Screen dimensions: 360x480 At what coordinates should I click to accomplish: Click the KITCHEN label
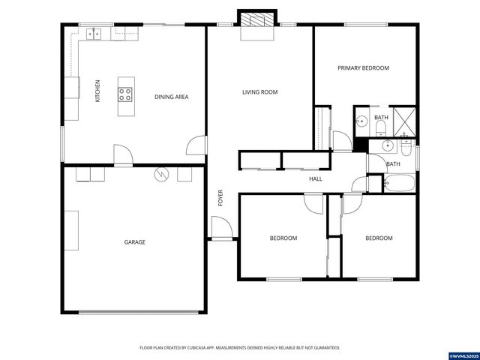point(97,91)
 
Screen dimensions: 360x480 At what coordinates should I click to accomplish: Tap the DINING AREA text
point(171,97)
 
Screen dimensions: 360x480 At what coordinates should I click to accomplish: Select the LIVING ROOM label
point(259,92)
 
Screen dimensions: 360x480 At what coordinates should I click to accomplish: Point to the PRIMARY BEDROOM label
point(363,68)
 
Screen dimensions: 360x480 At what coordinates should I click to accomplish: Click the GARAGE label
point(135,242)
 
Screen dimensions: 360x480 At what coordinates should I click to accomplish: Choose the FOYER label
point(220,197)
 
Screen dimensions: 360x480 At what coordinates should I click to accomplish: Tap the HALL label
point(316,179)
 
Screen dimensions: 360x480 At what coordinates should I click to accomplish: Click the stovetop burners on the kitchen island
point(125,94)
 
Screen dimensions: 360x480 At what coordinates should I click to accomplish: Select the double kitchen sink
point(94,32)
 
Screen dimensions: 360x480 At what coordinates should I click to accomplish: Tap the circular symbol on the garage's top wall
point(160,174)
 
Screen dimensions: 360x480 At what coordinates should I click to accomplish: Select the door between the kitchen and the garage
point(122,154)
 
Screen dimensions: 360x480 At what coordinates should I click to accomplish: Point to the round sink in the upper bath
point(361,121)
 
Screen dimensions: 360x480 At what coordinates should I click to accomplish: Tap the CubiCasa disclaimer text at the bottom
point(240,348)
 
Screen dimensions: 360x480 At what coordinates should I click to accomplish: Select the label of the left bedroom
point(283,238)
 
